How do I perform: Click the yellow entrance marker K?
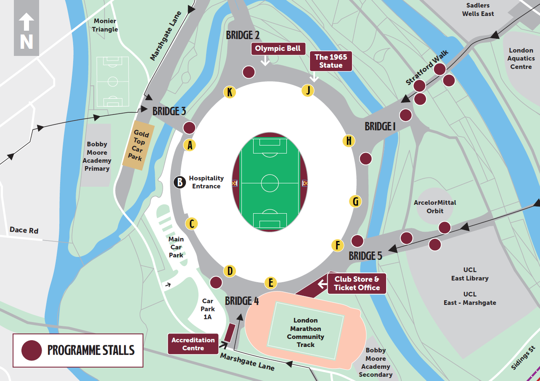coord(230,93)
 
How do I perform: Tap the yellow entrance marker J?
coord(308,91)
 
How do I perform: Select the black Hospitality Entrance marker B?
coord(180,183)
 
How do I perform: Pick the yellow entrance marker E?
coord(271,283)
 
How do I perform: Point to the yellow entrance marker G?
coord(355,202)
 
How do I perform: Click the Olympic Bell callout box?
coord(278,48)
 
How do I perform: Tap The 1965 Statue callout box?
coord(331,61)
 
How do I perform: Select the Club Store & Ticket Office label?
coord(357,283)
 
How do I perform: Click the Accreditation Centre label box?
coord(193,344)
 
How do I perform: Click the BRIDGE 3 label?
coord(169,111)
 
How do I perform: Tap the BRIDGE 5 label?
coord(365,256)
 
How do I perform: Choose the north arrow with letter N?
coord(26,34)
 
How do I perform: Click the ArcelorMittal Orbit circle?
coord(435,206)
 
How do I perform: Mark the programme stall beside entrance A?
coord(189,128)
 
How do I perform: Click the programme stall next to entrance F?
coord(357,241)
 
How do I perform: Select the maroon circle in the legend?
coord(32,350)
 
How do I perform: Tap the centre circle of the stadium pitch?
coord(270,183)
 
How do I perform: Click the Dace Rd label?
coord(24,230)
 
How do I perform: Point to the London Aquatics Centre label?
coord(521,58)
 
